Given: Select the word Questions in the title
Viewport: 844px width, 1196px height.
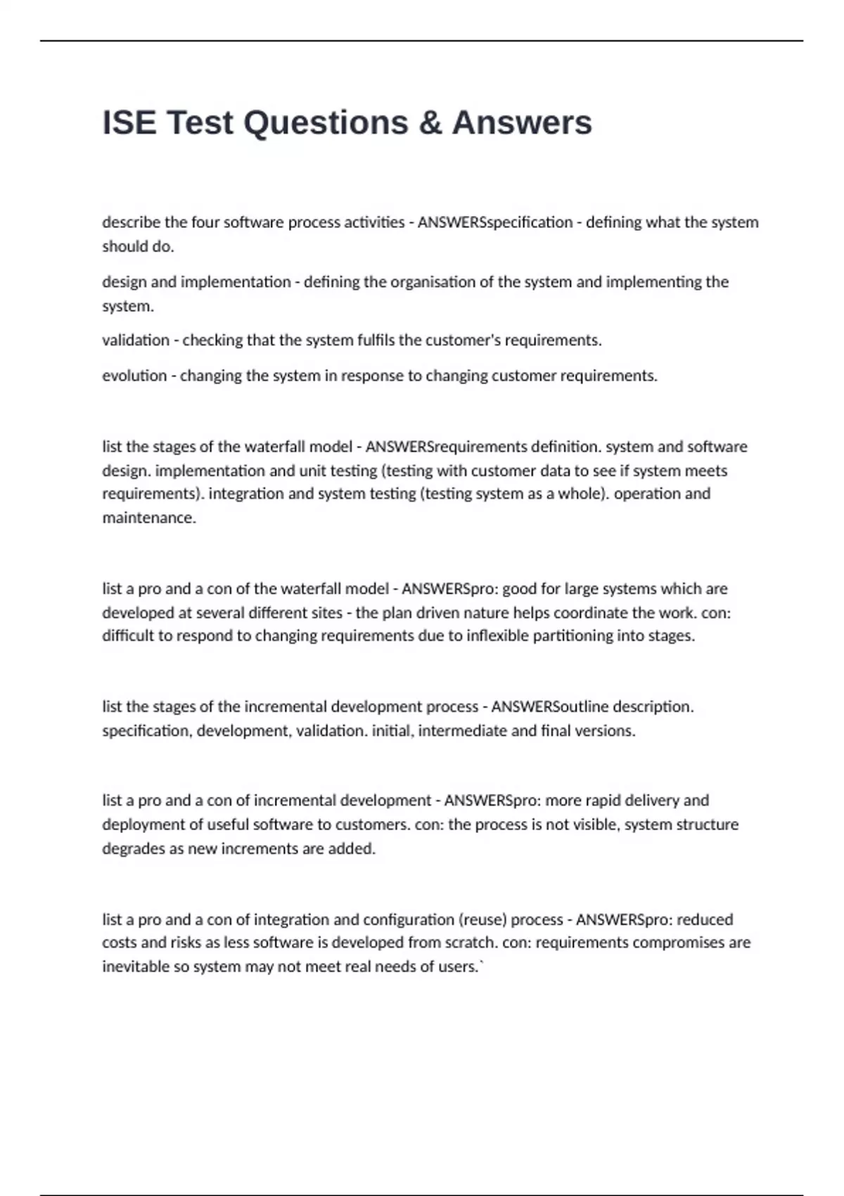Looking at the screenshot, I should [x=326, y=122].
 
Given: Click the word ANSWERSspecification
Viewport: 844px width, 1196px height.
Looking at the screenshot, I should [x=495, y=222].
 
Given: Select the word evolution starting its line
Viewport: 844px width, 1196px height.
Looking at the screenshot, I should [x=134, y=376].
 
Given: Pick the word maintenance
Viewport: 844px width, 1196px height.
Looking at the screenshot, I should [x=149, y=518].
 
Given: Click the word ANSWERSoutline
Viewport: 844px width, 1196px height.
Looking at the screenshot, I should [x=549, y=706].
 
